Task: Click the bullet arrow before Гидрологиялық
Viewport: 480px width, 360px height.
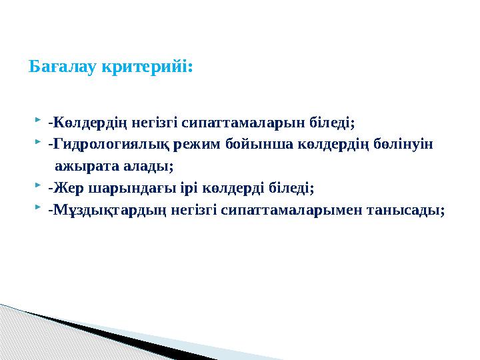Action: pyautogui.click(x=37, y=143)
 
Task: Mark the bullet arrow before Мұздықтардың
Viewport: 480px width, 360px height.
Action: pyautogui.click(x=37, y=209)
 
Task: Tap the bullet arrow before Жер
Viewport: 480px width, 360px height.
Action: pyautogui.click(x=37, y=187)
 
